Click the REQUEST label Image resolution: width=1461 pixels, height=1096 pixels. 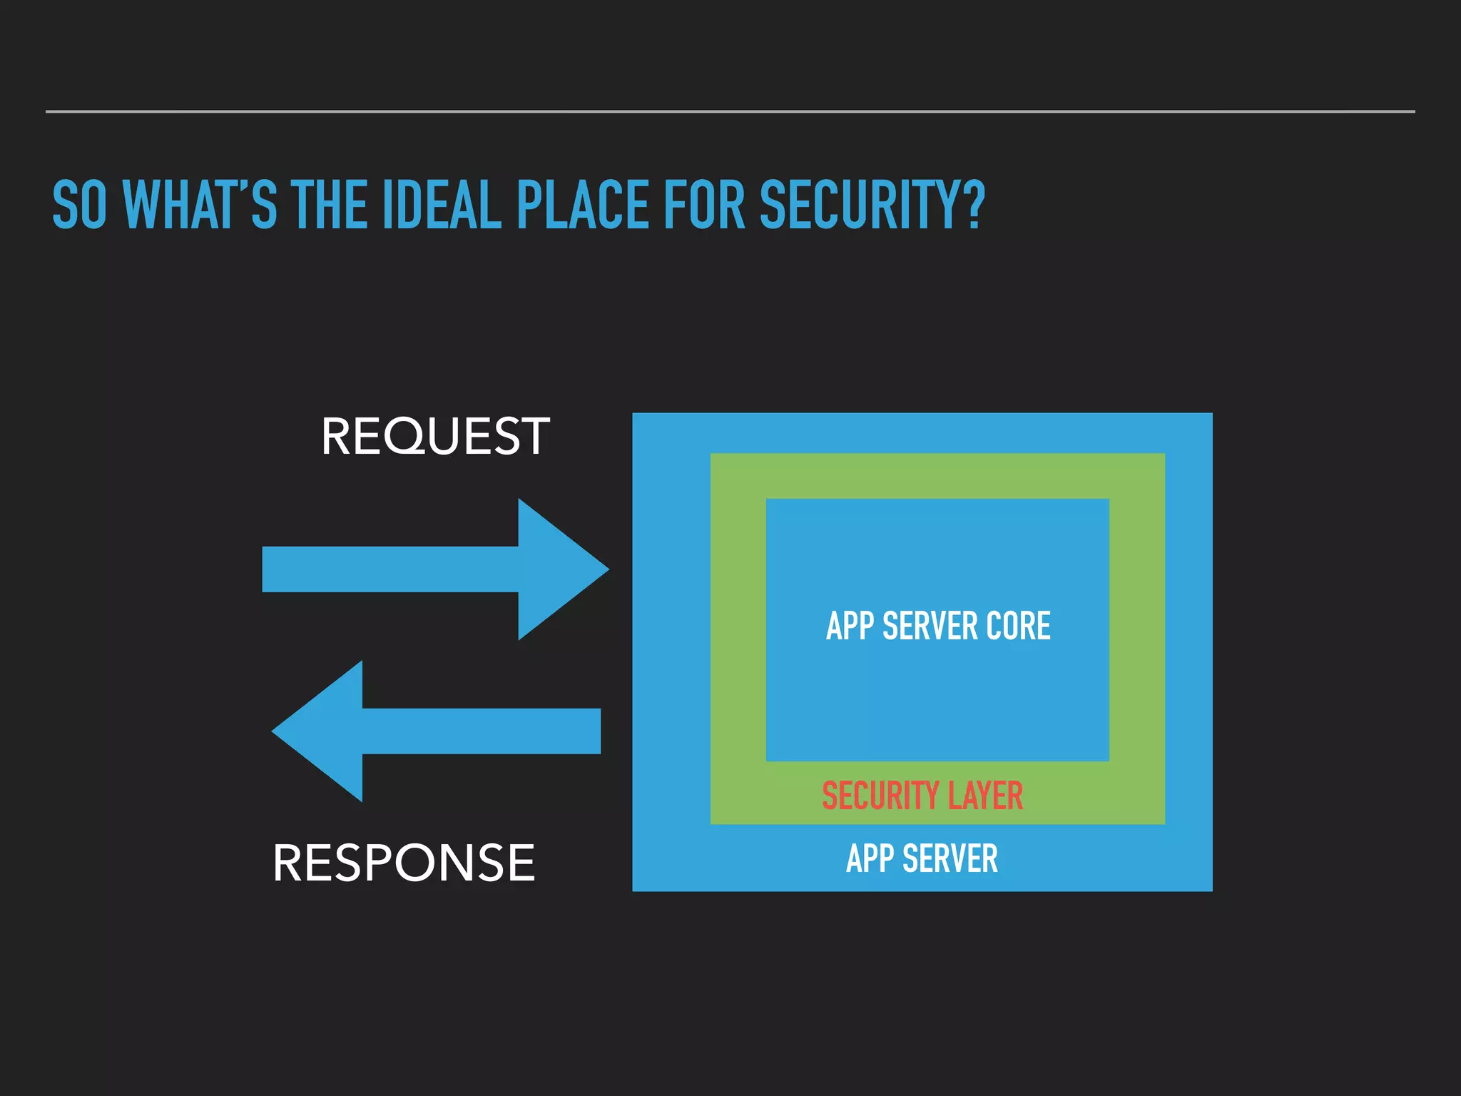coord(435,436)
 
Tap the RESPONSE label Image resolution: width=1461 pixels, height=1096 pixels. coord(404,863)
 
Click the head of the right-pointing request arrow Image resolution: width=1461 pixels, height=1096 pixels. coord(560,569)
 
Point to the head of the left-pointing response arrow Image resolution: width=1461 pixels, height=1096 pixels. coord(321,731)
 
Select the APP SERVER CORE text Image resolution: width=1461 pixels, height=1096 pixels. coord(938,626)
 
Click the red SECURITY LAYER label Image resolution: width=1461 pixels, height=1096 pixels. coord(922,796)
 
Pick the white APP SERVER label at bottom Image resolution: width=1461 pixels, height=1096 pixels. coord(922,858)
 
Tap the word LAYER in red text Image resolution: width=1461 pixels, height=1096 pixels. coord(985,796)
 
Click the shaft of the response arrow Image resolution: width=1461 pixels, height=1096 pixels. coord(482,731)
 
